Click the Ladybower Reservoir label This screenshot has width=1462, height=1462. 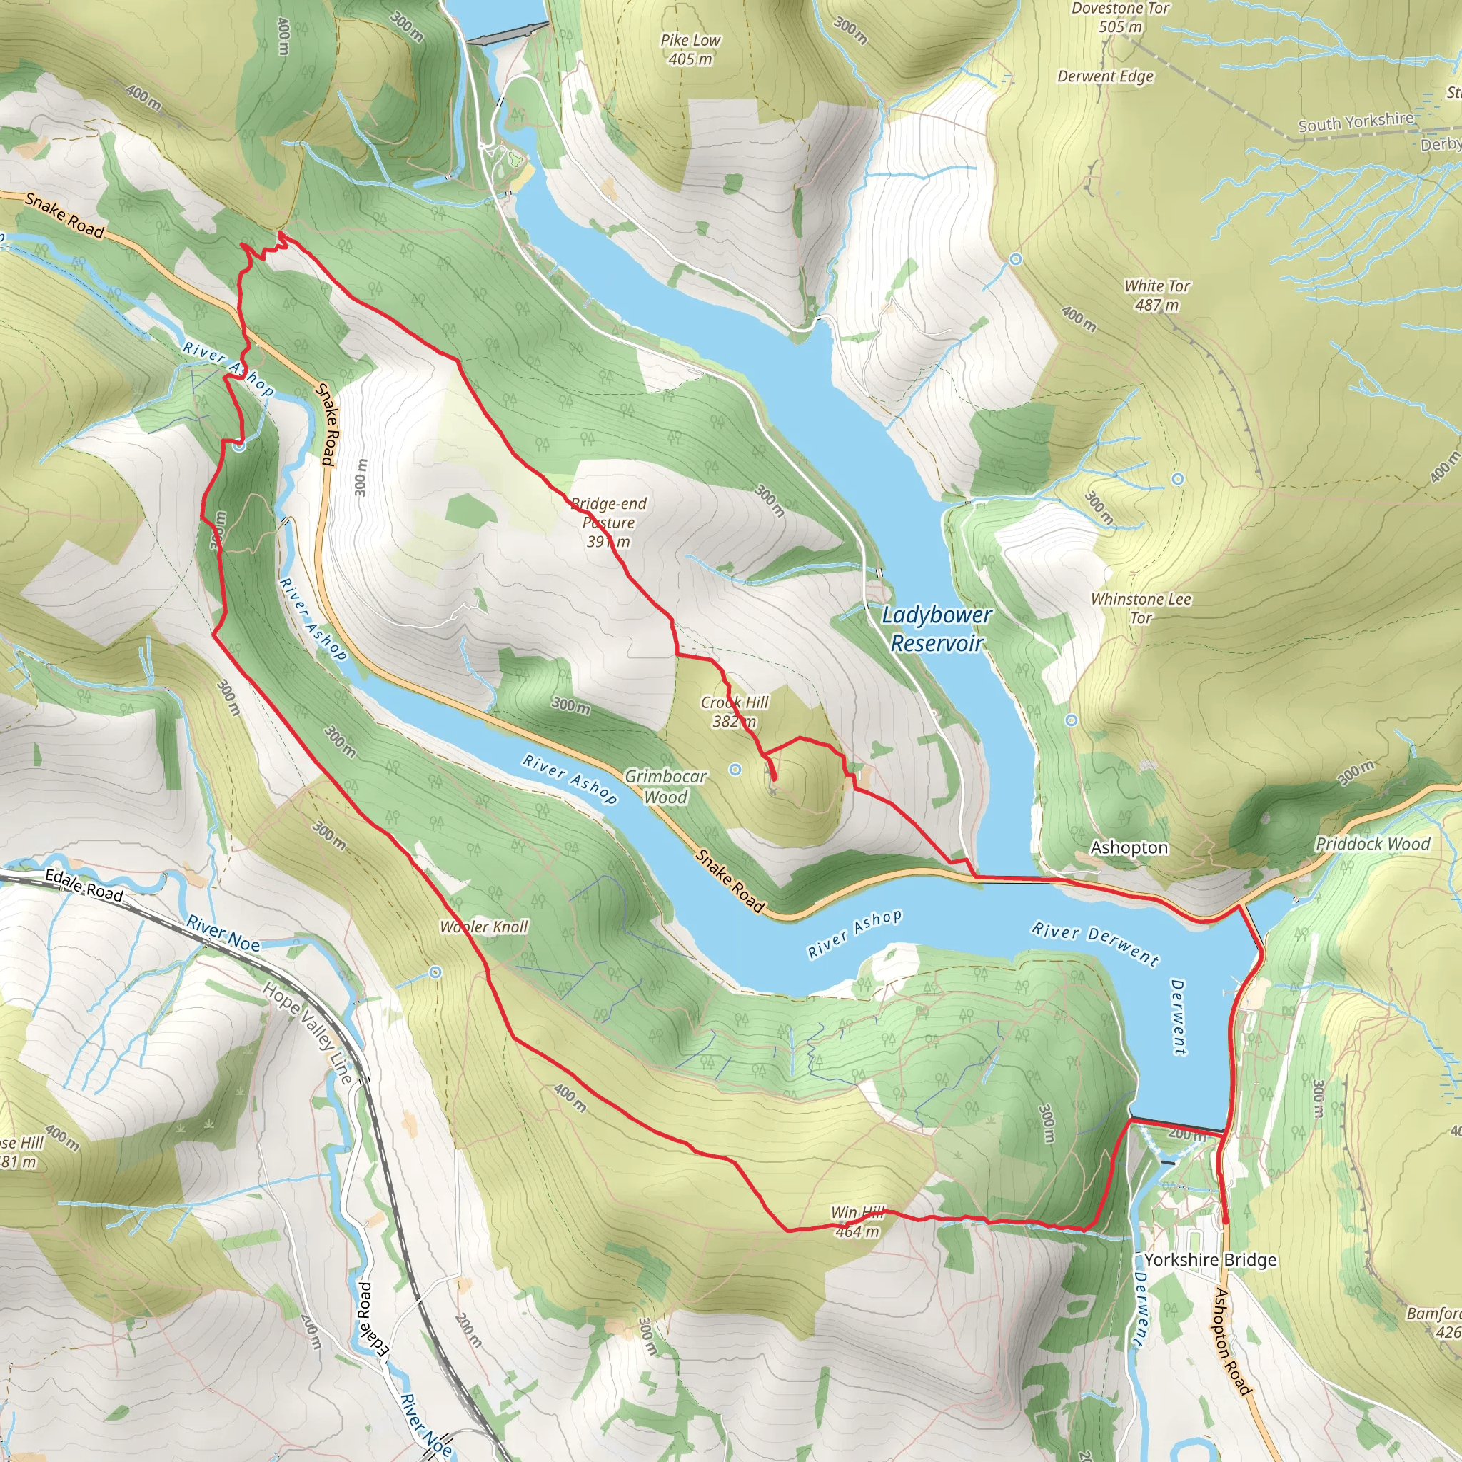pos(936,629)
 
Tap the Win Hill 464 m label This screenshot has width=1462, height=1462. pos(857,1222)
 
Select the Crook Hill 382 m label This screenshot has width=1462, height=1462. pos(734,711)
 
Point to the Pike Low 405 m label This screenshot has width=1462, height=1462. pos(690,49)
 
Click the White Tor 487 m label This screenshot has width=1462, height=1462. pos(1156,295)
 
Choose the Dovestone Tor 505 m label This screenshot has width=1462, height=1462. pos(1120,17)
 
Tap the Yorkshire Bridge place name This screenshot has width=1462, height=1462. pos(1209,1260)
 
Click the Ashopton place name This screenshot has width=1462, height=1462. pos(1129,847)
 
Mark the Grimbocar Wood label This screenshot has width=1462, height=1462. pos(665,786)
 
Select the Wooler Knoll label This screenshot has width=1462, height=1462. pos(483,927)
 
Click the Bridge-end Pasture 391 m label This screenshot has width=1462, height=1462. pos(608,522)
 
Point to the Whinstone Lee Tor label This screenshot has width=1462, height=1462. pos(1140,608)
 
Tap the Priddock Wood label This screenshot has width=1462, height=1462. pos(1372,844)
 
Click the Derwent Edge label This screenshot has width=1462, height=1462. pos(1105,76)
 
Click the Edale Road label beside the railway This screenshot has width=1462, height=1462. pos(84,885)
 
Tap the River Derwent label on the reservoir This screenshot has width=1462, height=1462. pos(1095,944)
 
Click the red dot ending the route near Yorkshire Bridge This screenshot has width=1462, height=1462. pos(1225,1221)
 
